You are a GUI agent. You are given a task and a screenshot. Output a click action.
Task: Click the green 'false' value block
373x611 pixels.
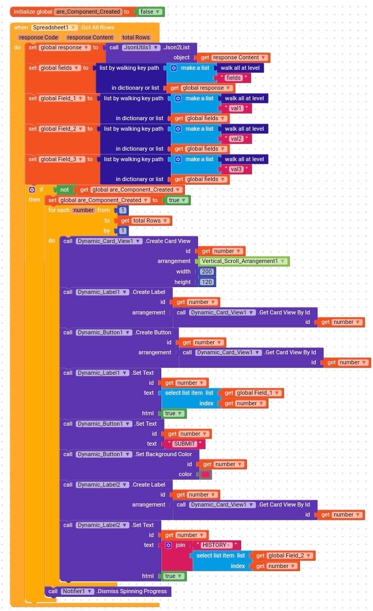click(x=150, y=12)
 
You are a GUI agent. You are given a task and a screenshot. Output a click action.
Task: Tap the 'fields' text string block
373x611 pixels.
click(x=234, y=78)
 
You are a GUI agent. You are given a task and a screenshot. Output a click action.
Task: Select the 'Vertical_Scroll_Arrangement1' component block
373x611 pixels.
click(x=243, y=261)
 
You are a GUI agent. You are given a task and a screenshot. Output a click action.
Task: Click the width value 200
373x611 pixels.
click(x=207, y=271)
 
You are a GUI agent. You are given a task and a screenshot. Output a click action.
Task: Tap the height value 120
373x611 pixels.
click(x=207, y=282)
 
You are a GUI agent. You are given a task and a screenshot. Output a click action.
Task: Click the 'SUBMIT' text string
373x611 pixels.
click(x=184, y=444)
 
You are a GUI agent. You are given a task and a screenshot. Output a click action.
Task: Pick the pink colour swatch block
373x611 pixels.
click(x=205, y=475)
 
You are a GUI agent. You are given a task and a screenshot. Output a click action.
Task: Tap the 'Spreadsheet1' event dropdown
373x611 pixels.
click(x=54, y=27)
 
